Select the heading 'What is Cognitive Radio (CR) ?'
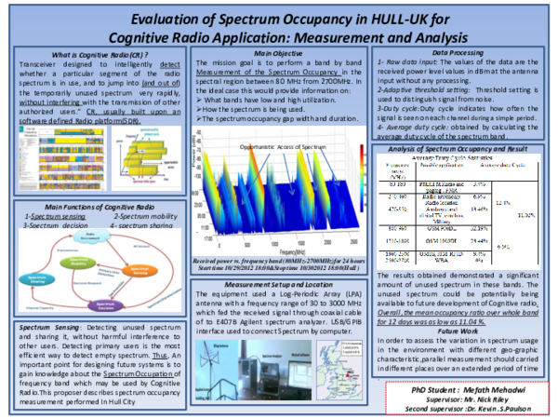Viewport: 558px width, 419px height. click(x=91, y=56)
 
